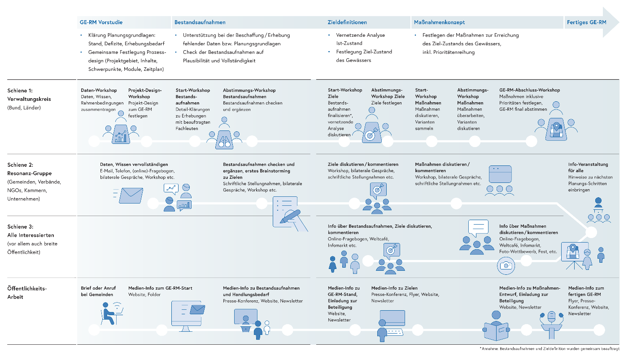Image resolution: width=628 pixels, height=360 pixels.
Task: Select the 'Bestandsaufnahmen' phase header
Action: pyautogui.click(x=200, y=22)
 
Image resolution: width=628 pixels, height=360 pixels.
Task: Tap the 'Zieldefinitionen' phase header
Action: pyautogui.click(x=347, y=22)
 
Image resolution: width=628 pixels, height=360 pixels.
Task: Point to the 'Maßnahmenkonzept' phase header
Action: pyautogui.click(x=438, y=22)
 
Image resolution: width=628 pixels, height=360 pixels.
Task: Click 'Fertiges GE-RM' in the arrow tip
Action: pyautogui.click(x=586, y=22)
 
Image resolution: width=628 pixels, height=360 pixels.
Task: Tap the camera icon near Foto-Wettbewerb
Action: pyautogui.click(x=506, y=265)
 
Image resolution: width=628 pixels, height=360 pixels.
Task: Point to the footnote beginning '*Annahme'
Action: pyautogui.click(x=549, y=348)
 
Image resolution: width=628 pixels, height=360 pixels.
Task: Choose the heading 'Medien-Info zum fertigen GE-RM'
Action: pyautogui.click(x=586, y=291)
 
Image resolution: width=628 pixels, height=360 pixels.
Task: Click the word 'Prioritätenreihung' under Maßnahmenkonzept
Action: pyautogui.click(x=455, y=52)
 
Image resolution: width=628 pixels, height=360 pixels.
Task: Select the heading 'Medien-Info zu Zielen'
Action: pyautogui.click(x=394, y=288)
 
